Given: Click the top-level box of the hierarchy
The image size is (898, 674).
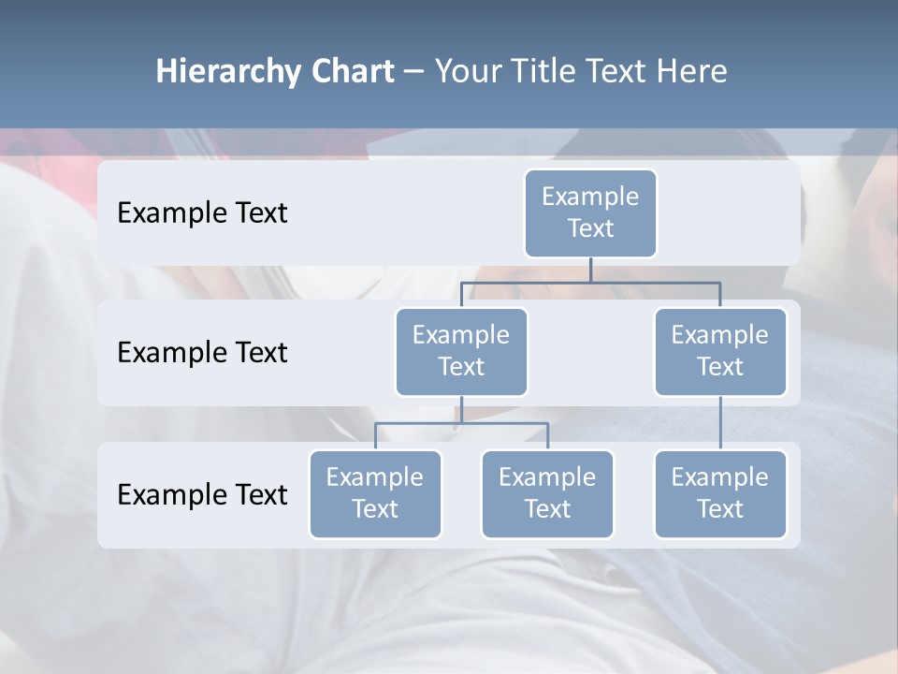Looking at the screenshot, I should (590, 212).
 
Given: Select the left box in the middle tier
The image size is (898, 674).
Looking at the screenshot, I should (461, 351).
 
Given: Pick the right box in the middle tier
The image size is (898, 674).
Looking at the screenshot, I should (720, 351).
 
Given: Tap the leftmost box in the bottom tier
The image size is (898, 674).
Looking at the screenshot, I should (375, 493).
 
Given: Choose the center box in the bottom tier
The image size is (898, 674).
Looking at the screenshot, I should (547, 493).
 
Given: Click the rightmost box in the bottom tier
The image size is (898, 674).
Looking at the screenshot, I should (720, 493).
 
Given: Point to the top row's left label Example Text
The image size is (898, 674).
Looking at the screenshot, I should (202, 213).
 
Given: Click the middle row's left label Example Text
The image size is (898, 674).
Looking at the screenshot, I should (202, 353).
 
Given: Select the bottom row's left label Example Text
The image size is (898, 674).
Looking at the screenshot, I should (202, 495).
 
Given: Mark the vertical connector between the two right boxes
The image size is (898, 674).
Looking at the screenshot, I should (720, 423).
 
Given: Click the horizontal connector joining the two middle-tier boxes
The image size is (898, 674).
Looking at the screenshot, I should (590, 282).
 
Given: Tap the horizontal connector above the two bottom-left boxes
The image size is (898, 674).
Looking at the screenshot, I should (461, 423).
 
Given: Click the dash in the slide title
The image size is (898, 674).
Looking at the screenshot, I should (414, 72).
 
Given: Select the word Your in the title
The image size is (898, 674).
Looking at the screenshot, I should (467, 72).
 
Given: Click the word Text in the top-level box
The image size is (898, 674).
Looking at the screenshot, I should (590, 228).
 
